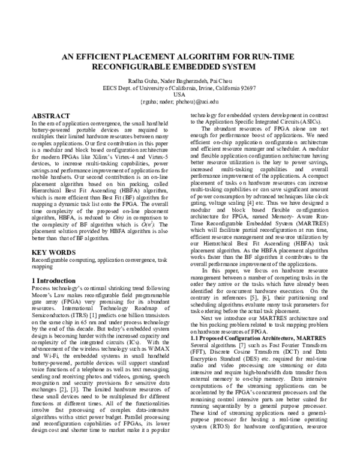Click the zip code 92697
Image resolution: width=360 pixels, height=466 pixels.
click(x=247, y=87)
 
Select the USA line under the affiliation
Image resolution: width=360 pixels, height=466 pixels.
click(x=179, y=94)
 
